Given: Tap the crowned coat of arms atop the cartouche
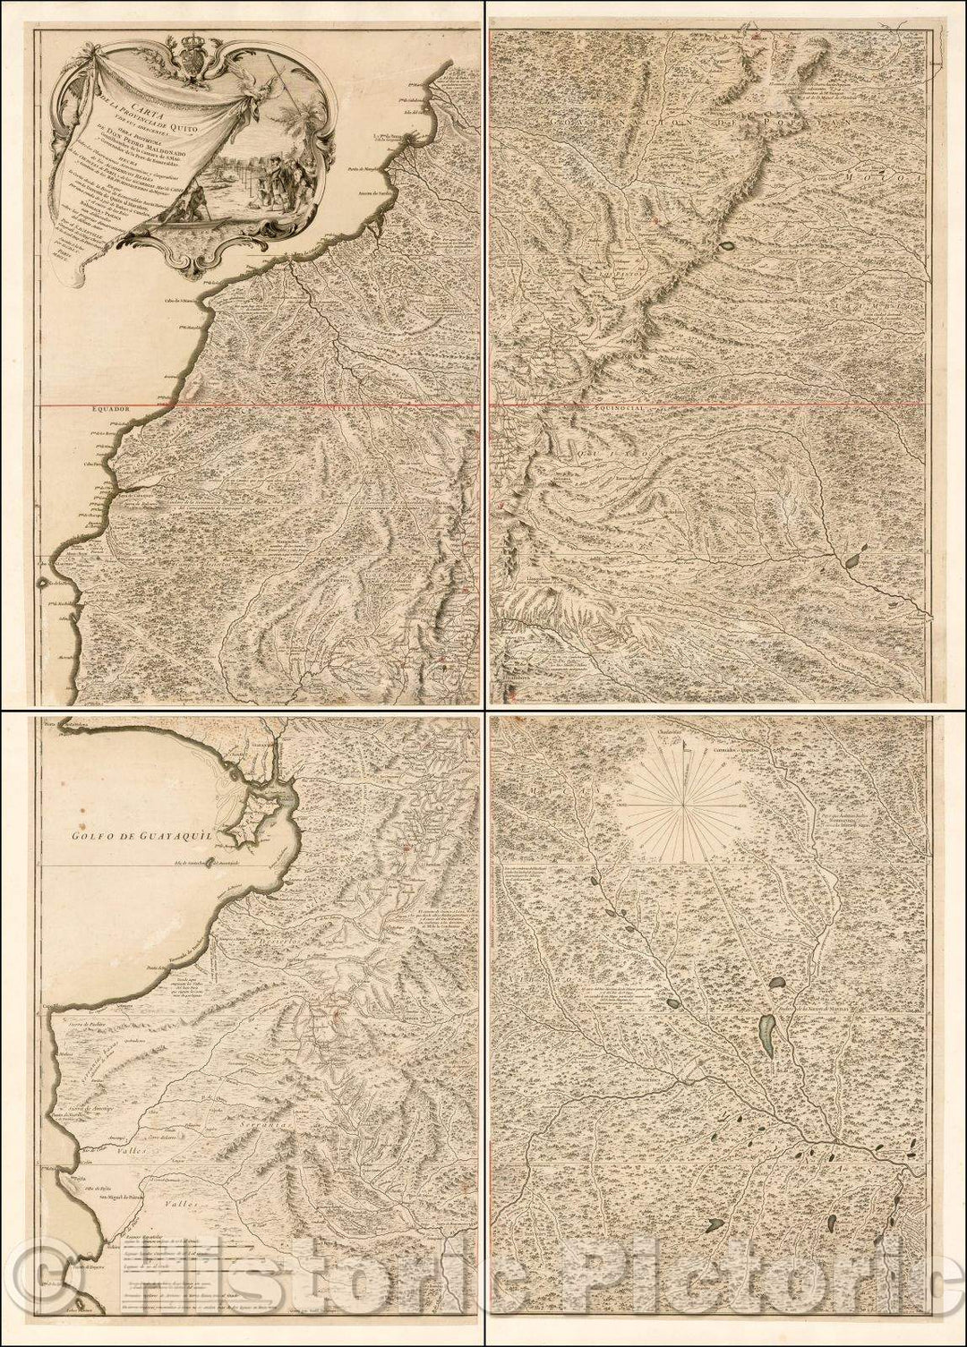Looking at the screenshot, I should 193,59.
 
